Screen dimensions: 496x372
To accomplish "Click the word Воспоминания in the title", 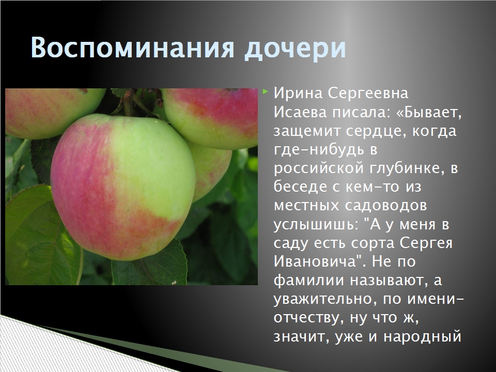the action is pos(133,48).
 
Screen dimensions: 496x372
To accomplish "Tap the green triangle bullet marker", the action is pos(266,92).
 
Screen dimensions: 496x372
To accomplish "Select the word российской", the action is pos(319,168).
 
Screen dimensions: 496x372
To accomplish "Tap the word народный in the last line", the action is pos(423,337).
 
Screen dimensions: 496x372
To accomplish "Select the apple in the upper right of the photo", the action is pos(210,118).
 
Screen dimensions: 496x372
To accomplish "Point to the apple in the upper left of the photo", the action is pos(54,112).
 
